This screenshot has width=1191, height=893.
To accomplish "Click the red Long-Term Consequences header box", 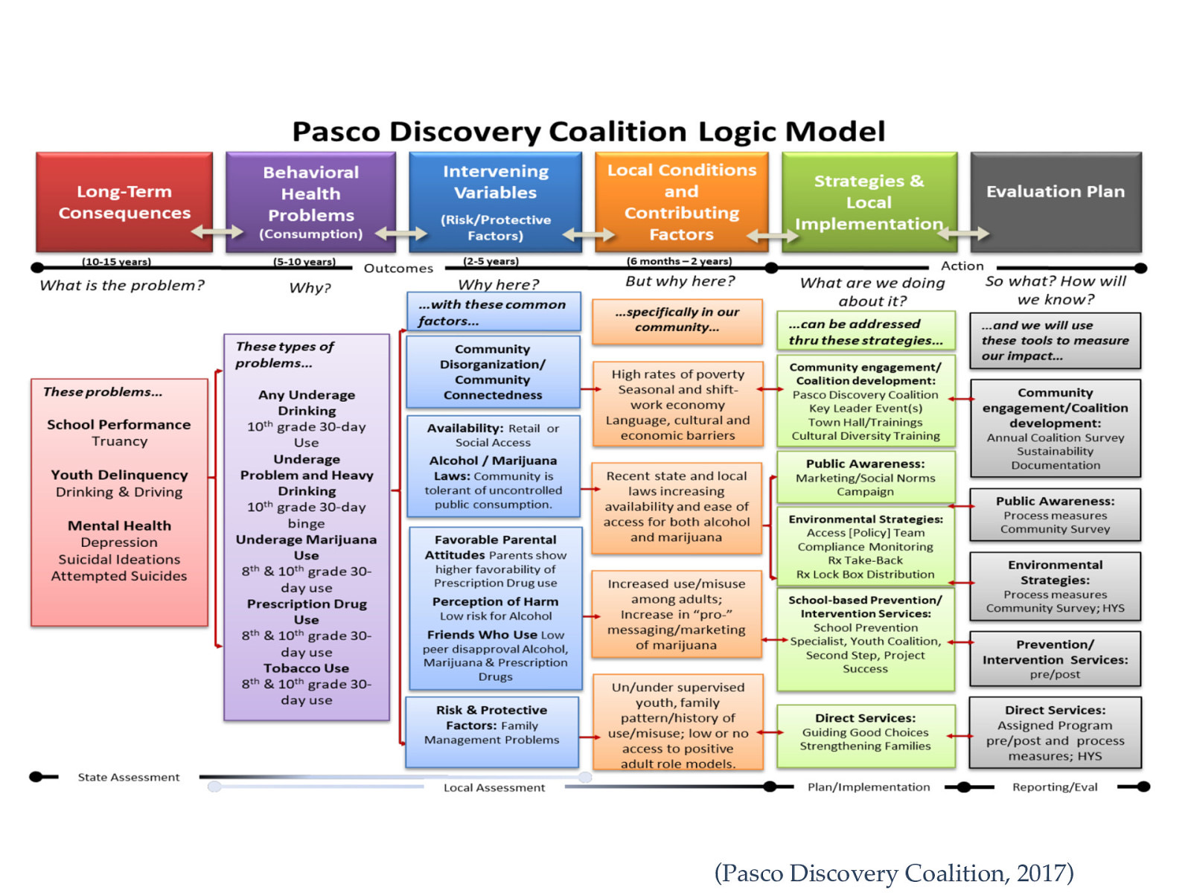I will click(x=124, y=202).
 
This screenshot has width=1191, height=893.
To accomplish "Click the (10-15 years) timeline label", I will click(x=116, y=262).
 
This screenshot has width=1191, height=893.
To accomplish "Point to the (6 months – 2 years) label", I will click(x=679, y=261).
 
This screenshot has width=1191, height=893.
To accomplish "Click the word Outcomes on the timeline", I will click(x=398, y=269).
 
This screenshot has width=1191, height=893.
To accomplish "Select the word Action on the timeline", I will click(x=962, y=266).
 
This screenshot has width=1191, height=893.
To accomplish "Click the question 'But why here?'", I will click(x=680, y=281).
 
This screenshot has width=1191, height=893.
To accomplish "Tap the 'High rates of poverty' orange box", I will click(x=677, y=404).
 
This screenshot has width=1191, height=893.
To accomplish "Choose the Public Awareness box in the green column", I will click(x=865, y=476).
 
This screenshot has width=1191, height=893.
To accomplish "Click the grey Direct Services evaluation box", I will click(x=1055, y=732).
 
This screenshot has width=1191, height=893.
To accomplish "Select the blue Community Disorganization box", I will click(x=493, y=371).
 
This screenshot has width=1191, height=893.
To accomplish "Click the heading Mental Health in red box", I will click(x=119, y=525).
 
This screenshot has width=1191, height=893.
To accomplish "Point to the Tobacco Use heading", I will click(x=306, y=668).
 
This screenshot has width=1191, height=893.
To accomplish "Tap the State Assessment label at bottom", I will click(x=129, y=777).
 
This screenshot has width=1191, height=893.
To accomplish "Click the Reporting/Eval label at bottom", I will click(x=1054, y=787).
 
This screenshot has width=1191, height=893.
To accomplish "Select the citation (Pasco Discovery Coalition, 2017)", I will click(x=893, y=872).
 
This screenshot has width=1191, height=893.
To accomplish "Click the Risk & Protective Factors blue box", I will click(x=492, y=731).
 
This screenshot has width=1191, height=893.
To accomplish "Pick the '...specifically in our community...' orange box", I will click(x=677, y=320).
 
